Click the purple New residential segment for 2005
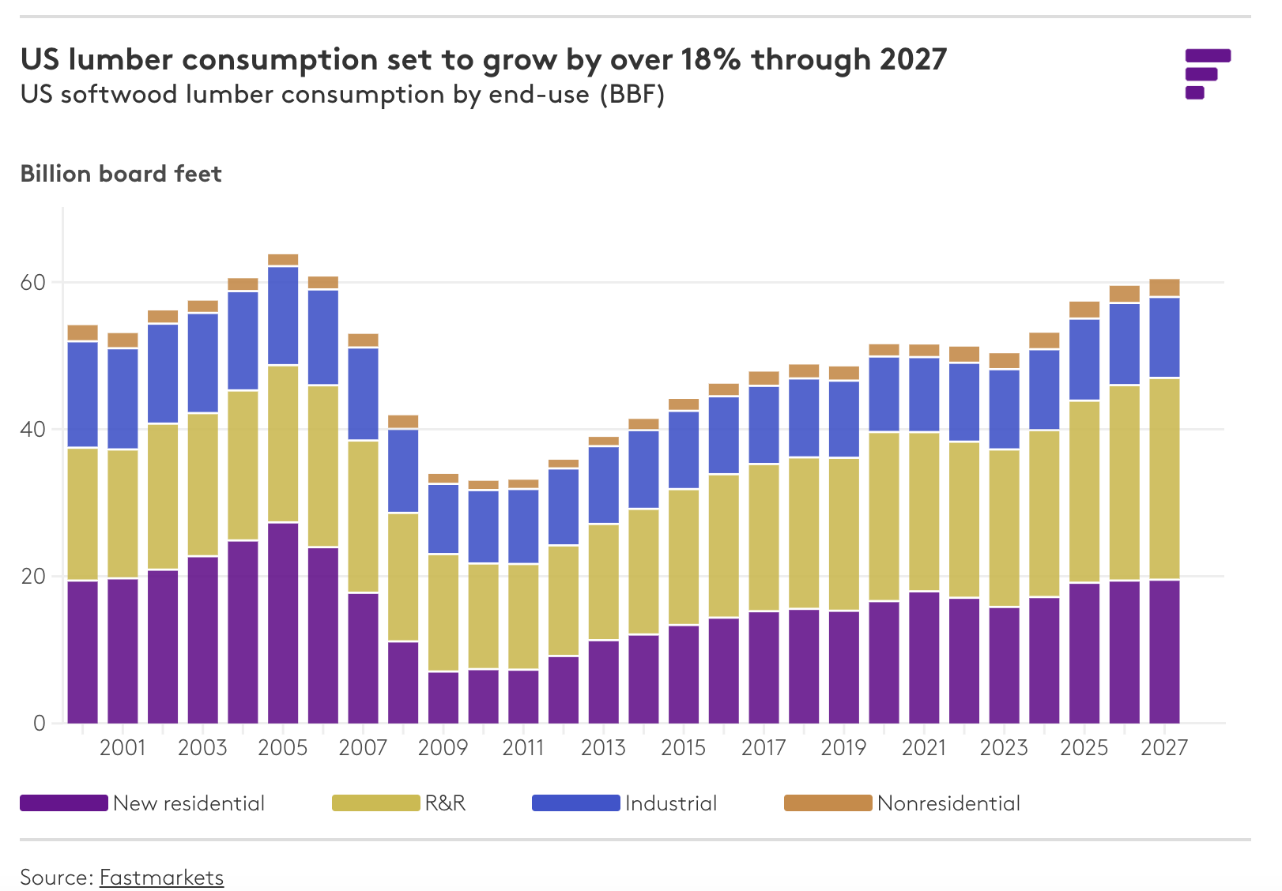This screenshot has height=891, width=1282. [x=283, y=622]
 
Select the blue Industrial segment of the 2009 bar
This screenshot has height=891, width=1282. [x=443, y=519]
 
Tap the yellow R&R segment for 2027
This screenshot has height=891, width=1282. [x=1164, y=479]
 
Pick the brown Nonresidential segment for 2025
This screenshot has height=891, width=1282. [x=1084, y=310]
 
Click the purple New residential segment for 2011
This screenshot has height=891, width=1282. [x=523, y=696]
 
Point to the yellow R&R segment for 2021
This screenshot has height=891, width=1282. [x=924, y=511]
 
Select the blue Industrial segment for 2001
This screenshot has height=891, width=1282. [x=123, y=399]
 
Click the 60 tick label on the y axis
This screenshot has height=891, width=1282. [x=32, y=283]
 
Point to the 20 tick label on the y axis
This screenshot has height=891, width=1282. [x=32, y=577]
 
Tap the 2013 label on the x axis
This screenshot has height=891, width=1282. [x=603, y=747]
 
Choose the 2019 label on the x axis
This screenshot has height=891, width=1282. [x=843, y=747]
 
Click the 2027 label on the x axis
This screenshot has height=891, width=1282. [x=1164, y=747]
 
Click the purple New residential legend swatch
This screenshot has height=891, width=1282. [x=63, y=803]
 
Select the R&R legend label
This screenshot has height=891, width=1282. [x=445, y=803]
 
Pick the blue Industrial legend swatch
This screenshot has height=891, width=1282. [x=575, y=803]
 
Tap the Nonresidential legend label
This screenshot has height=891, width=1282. [x=948, y=803]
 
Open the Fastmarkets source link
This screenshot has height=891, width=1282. [x=161, y=878]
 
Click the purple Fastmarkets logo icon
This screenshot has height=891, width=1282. [x=1206, y=73]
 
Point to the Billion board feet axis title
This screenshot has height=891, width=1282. [x=121, y=174]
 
